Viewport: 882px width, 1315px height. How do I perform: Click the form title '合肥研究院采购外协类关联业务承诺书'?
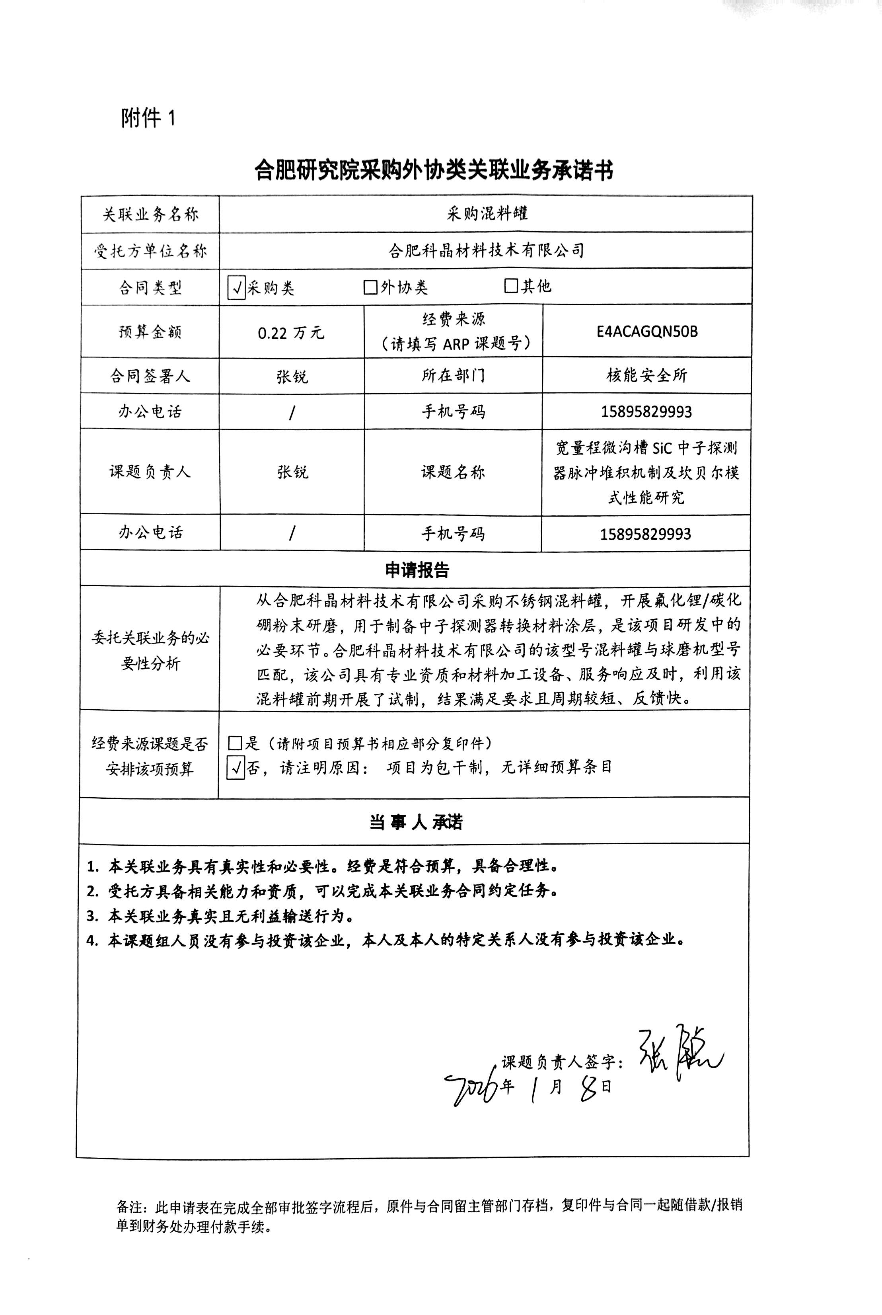point(433,170)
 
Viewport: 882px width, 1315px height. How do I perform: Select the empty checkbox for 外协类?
point(370,287)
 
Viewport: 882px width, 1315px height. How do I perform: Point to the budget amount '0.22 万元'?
point(291,333)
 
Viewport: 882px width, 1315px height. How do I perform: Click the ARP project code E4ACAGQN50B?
point(647,332)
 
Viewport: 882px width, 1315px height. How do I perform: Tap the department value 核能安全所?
point(647,375)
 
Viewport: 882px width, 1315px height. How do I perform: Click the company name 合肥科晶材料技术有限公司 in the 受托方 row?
point(487,250)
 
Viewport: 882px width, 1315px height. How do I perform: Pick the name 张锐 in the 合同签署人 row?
point(292,376)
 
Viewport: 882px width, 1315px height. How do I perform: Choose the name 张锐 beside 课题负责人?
point(292,472)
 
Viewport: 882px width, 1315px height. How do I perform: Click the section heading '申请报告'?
point(417,570)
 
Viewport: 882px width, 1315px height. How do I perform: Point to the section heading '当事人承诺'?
point(416,822)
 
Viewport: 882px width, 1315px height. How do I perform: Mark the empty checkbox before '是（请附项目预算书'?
point(235,743)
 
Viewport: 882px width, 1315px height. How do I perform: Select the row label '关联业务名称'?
point(150,215)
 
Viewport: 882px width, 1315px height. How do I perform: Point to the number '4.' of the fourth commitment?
point(93,940)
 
